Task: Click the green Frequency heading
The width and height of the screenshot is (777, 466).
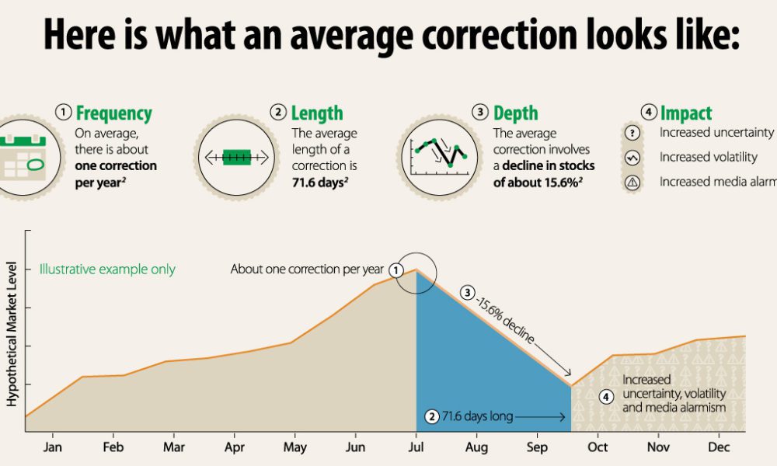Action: pyautogui.click(x=113, y=113)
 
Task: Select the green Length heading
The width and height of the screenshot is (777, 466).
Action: pyautogui.click(x=317, y=113)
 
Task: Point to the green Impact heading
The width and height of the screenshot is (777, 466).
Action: pyautogui.click(x=686, y=113)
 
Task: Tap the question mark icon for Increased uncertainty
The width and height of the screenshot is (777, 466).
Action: pyautogui.click(x=632, y=133)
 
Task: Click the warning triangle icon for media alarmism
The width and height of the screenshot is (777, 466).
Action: pyautogui.click(x=632, y=183)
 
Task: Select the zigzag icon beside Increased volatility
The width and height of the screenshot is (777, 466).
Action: pyautogui.click(x=632, y=158)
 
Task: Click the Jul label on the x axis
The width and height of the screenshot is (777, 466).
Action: pyautogui.click(x=416, y=448)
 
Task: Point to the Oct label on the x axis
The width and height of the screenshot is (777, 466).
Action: pyautogui.click(x=598, y=448)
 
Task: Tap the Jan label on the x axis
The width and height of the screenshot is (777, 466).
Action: pyautogui.click(x=52, y=448)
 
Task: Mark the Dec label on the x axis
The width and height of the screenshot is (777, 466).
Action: pyautogui.click(x=719, y=448)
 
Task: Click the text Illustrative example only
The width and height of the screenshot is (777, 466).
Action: pyautogui.click(x=108, y=270)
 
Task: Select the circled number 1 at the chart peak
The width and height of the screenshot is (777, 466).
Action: pyautogui.click(x=396, y=270)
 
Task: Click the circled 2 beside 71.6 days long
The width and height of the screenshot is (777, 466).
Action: pyautogui.click(x=432, y=416)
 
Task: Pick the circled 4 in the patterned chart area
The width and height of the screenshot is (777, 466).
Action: pyautogui.click(x=607, y=397)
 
